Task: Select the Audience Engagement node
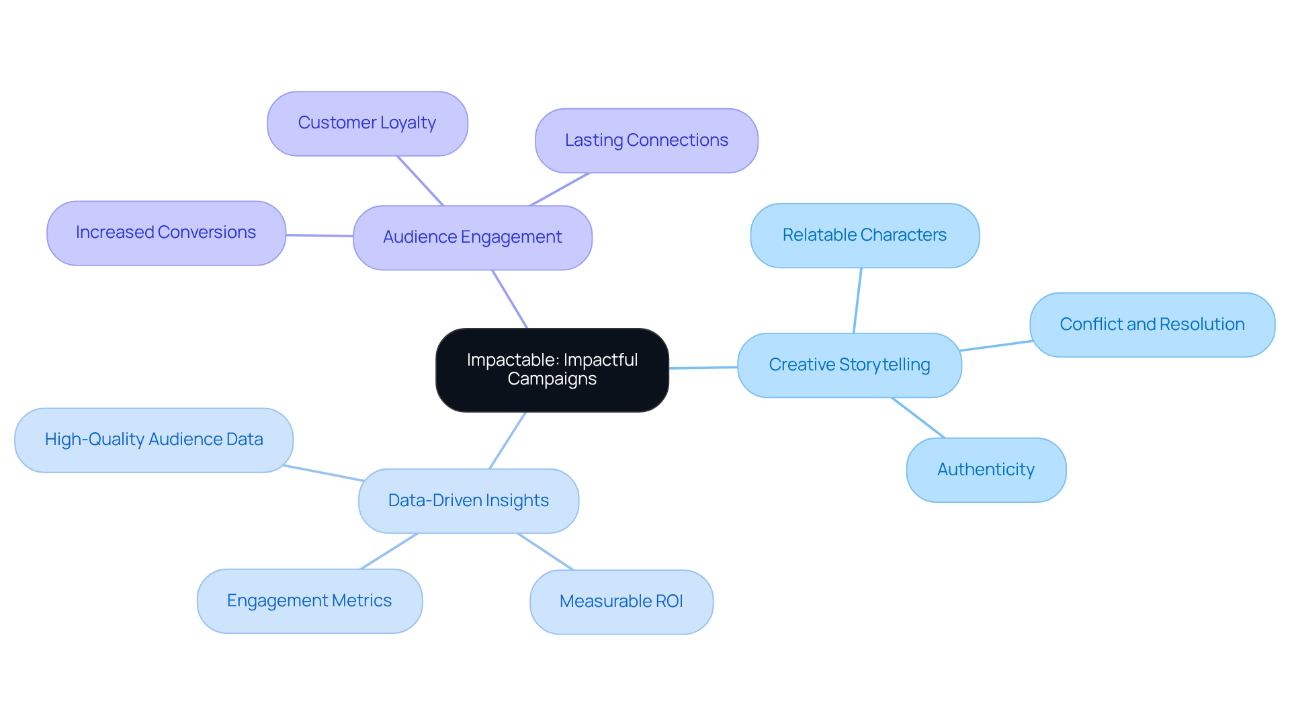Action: (472, 237)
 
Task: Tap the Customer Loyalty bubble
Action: (367, 124)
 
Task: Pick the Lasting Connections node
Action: (646, 140)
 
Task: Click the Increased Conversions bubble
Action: (166, 233)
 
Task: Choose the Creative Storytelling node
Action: (849, 365)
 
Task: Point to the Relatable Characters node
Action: (864, 235)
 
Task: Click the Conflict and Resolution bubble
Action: (1152, 325)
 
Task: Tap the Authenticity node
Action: (986, 470)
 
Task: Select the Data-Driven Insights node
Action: (468, 501)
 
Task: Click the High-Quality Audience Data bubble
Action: (154, 440)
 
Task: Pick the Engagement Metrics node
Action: (309, 601)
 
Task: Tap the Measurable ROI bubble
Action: (621, 602)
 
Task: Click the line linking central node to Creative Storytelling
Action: (703, 368)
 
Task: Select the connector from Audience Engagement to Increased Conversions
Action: (319, 235)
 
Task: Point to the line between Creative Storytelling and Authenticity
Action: (918, 417)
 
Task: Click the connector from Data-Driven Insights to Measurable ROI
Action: (545, 551)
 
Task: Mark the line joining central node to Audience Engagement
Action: (510, 299)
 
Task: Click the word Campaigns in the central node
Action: (552, 379)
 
